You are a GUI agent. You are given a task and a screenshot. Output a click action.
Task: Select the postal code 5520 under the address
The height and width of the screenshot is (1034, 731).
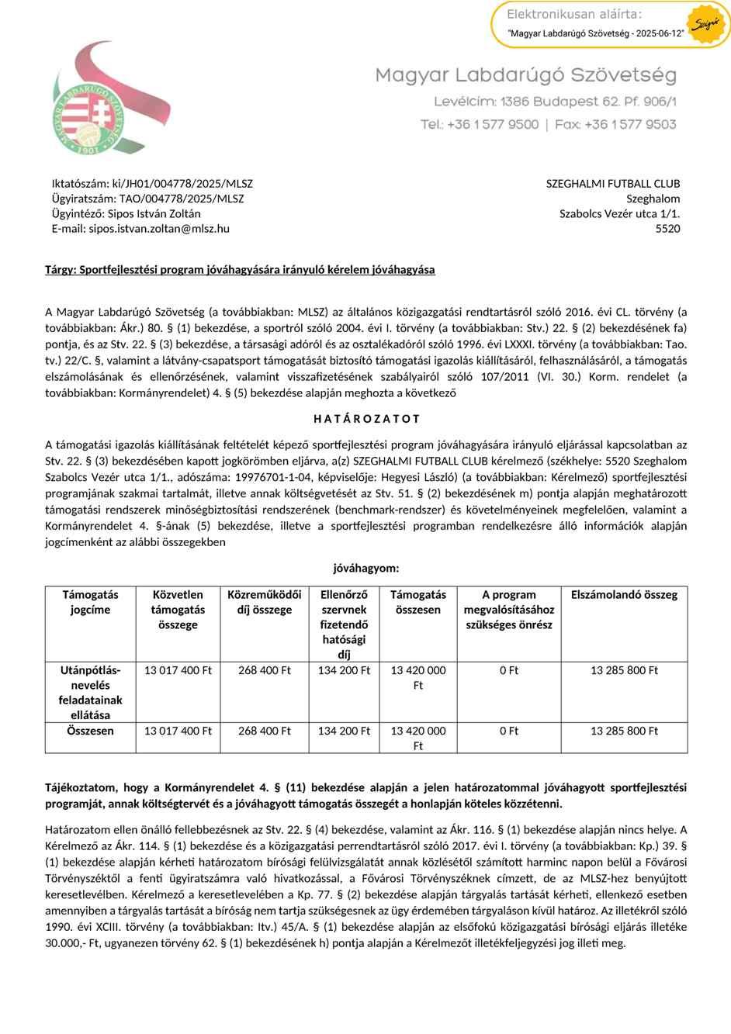point(667,229)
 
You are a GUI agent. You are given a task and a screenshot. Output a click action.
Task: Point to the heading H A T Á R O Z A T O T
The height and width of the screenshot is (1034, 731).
point(366,419)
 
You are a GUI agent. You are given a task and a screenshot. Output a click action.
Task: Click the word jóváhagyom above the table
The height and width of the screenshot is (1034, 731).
point(365,568)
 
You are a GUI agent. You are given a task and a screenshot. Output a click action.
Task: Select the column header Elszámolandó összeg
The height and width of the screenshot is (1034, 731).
point(624,595)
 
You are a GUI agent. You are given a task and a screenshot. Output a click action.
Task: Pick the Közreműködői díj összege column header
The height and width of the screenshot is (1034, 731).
point(264,602)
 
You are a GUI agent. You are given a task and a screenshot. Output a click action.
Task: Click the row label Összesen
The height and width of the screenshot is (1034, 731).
point(90,731)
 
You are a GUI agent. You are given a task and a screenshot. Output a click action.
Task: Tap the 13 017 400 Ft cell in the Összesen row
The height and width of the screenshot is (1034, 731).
point(178,731)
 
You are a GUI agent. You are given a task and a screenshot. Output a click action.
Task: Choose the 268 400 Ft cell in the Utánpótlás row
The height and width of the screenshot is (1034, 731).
point(264,670)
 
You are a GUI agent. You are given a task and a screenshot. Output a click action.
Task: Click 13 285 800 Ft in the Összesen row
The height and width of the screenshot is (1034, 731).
point(624,731)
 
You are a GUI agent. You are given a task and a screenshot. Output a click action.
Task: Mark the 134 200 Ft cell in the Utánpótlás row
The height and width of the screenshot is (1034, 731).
point(344,670)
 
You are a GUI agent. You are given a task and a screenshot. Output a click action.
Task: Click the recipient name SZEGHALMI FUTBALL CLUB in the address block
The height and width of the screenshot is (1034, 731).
point(613,184)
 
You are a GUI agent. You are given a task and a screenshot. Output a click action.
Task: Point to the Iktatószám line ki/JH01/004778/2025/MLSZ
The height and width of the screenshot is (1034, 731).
point(152,184)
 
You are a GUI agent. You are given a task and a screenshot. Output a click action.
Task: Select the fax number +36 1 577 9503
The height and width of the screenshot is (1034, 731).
point(629,124)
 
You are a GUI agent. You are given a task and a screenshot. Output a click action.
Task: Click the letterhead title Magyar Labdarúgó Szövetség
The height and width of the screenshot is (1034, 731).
point(525,75)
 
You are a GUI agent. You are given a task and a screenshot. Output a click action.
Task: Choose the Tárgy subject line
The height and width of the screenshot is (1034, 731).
point(240,270)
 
